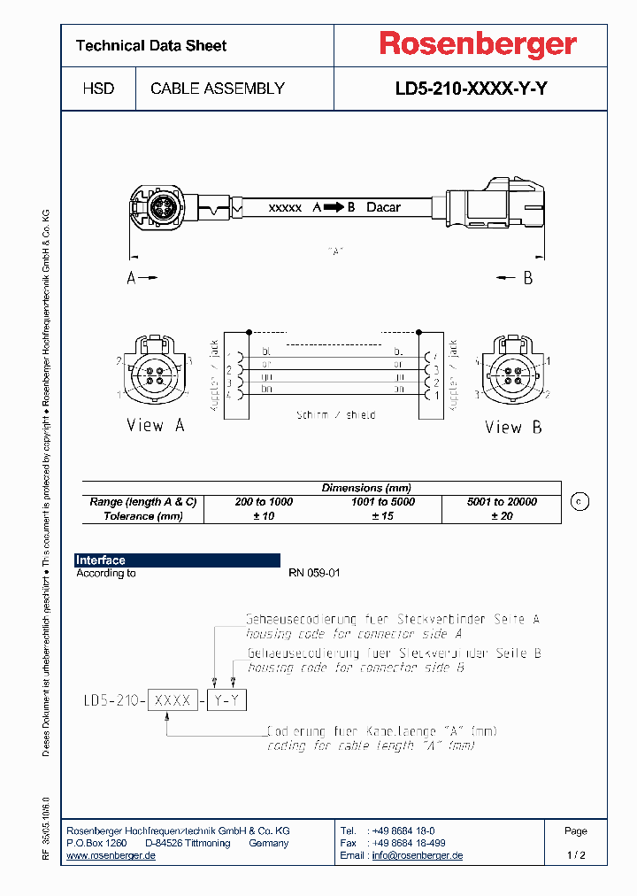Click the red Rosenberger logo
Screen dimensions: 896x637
coord(478,45)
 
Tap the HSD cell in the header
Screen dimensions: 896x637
coord(98,89)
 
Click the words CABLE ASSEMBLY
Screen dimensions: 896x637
coord(218,89)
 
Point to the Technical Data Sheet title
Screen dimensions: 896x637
coord(151,46)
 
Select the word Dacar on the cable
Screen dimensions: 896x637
coord(383,207)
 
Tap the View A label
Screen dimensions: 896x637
coord(156,425)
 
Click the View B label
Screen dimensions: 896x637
coord(513,427)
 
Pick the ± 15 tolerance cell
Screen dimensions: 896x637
coord(382,516)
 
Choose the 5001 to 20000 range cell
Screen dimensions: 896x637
coord(502,502)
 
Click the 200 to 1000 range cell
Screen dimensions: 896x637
coord(264,502)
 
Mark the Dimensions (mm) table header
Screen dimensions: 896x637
coord(366,488)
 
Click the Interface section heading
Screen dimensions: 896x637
coord(101,560)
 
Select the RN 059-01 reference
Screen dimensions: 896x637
coord(314,574)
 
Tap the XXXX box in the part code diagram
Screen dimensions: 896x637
coord(173,700)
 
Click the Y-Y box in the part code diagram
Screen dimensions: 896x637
coord(228,700)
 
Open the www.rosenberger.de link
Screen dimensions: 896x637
coord(111,855)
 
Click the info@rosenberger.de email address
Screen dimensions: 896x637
coord(417,855)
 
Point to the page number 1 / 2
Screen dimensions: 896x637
coord(576,855)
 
